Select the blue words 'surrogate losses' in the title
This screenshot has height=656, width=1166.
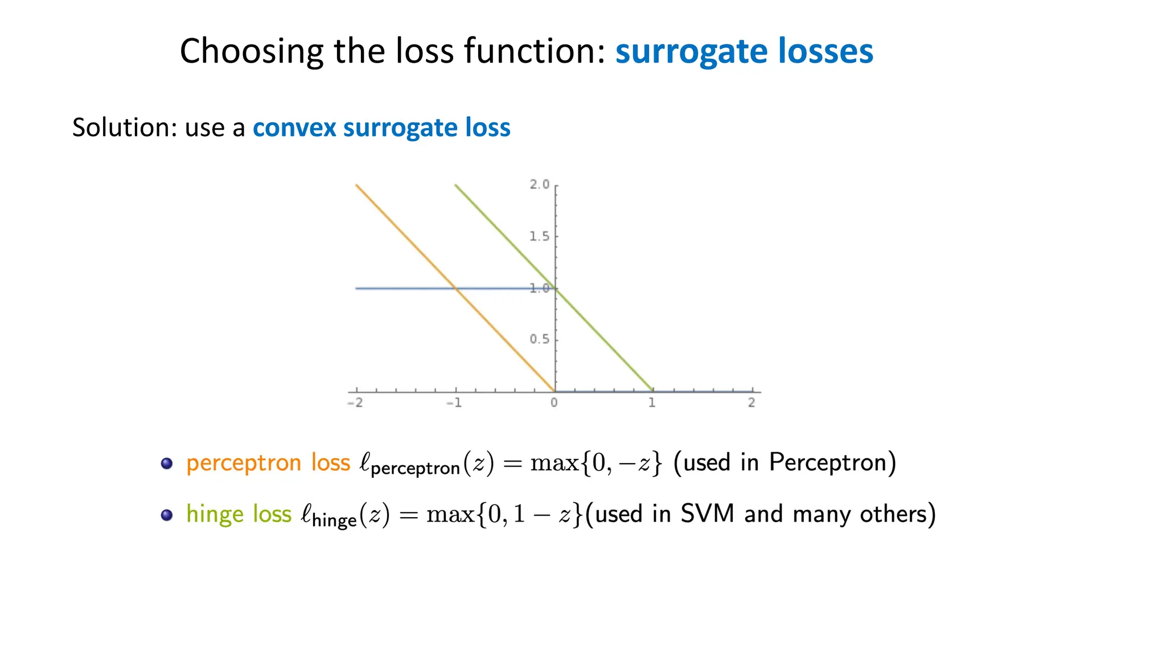tap(744, 52)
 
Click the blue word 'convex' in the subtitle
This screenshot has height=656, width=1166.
tap(294, 128)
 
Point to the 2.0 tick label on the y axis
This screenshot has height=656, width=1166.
tap(539, 184)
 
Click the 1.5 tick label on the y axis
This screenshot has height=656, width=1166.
tap(539, 236)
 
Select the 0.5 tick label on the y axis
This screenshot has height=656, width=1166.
tap(539, 339)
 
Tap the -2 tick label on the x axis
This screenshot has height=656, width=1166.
tap(355, 403)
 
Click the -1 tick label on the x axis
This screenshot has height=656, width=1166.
tap(454, 403)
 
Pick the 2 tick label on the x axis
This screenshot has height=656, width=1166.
tap(752, 403)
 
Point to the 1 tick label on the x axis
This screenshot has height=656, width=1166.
tap(652, 403)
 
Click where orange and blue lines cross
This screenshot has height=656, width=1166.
tap(455, 289)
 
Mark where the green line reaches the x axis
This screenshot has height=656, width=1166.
tap(652, 391)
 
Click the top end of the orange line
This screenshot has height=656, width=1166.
tap(357, 186)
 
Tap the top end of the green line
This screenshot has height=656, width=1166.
tap(456, 186)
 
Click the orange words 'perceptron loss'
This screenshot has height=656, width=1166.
tap(268, 462)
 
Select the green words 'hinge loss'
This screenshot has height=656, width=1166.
tap(239, 514)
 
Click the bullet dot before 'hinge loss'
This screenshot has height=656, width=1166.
tap(167, 515)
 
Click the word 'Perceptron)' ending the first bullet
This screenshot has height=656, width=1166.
tap(832, 462)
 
